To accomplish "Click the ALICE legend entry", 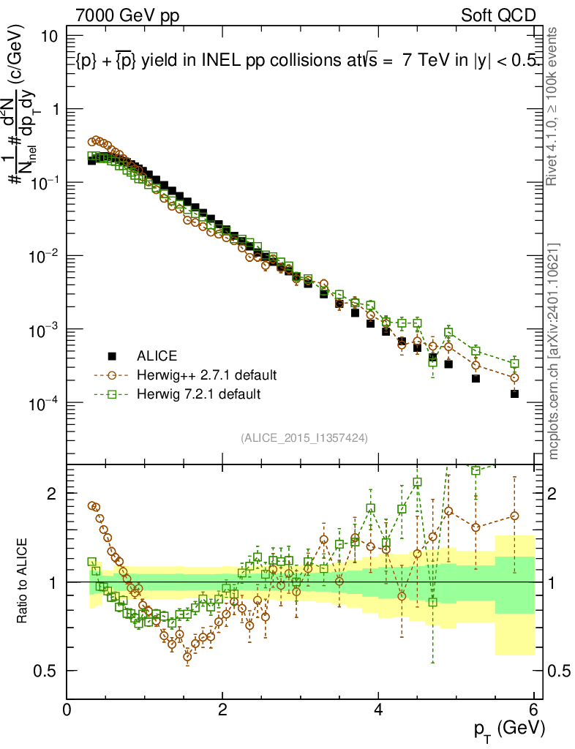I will (157, 356).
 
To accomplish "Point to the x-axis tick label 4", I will (378, 710).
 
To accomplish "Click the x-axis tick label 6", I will (534, 710).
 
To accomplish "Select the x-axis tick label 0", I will (67, 710).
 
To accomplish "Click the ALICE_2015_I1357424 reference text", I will (304, 437).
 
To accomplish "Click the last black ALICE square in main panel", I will (515, 394).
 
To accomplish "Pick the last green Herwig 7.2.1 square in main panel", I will (515, 364).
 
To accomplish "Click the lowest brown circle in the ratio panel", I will (187, 656).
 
